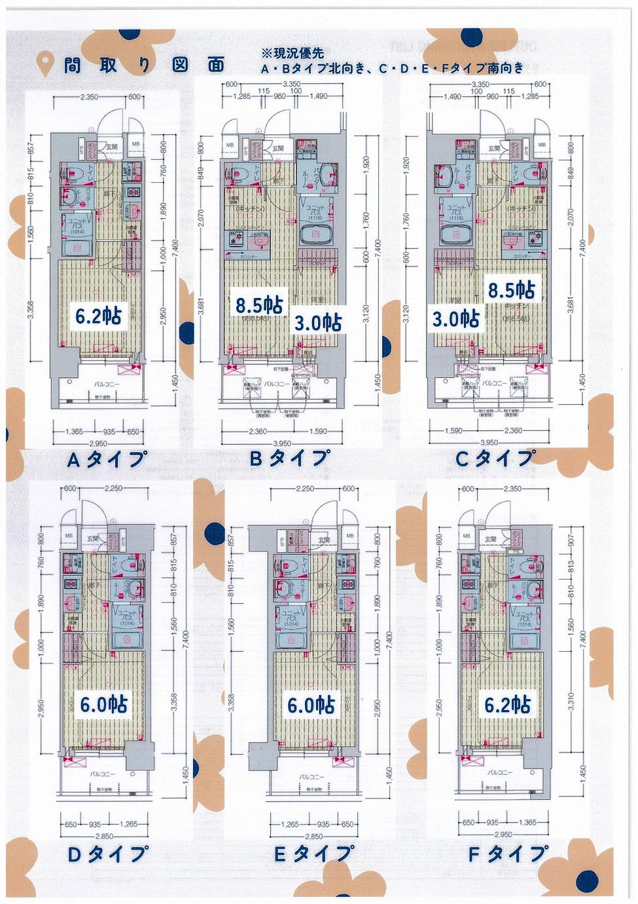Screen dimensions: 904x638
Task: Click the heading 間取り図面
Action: (144, 64)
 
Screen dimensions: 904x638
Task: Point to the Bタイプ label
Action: (289, 458)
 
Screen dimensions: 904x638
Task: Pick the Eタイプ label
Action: (312, 854)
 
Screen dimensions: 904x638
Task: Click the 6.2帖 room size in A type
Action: (97, 316)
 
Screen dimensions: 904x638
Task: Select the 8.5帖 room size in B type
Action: (260, 305)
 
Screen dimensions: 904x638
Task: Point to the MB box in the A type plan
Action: (135, 143)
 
